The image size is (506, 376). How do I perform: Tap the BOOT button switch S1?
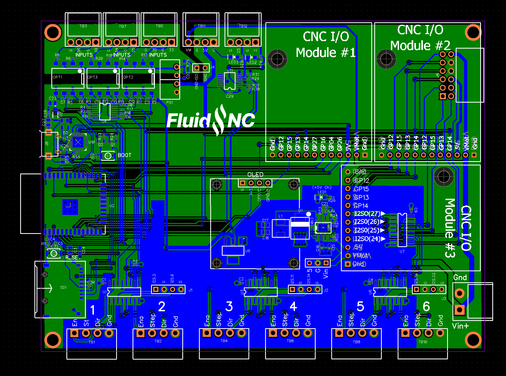click(x=108, y=156)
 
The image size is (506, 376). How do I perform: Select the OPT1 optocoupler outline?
click(x=68, y=78)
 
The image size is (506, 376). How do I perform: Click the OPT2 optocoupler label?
click(x=128, y=77)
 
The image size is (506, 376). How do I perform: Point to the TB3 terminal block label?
click(x=83, y=26)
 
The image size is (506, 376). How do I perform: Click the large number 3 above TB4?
click(x=229, y=306)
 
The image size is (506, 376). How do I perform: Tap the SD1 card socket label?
click(x=63, y=287)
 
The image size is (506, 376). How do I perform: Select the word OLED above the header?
click(x=255, y=175)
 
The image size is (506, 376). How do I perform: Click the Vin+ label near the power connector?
click(x=460, y=326)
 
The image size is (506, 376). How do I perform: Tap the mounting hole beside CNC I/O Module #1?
click(x=277, y=59)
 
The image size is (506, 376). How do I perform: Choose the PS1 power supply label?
click(x=169, y=103)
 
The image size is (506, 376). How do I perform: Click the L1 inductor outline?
click(x=281, y=228)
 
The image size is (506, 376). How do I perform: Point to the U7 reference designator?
click(x=402, y=252)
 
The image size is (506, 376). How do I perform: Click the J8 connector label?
click(x=47, y=144)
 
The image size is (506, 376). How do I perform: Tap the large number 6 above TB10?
click(x=426, y=306)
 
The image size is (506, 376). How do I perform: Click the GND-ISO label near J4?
click(x=197, y=82)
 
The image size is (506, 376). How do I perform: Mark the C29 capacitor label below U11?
click(x=230, y=96)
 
